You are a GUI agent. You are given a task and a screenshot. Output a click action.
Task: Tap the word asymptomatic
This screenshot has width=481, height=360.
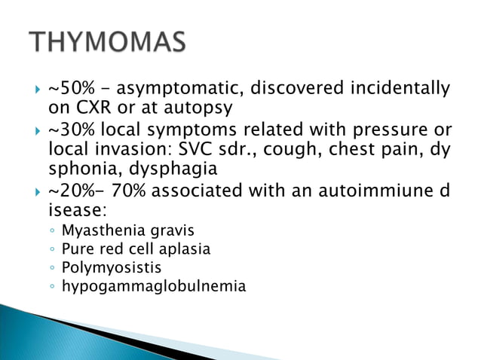pyautogui.click(x=179, y=91)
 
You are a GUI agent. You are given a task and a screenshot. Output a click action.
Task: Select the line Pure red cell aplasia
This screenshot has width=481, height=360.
pyautogui.click(x=136, y=249)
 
